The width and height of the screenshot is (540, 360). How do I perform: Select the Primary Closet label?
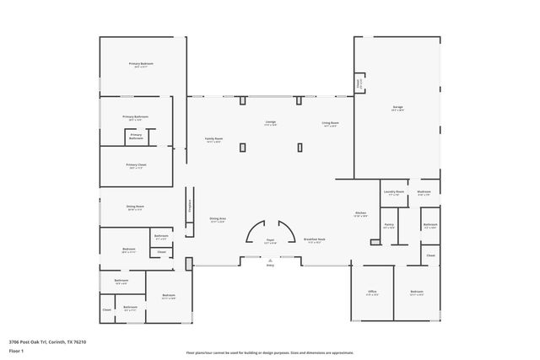coord(136,164)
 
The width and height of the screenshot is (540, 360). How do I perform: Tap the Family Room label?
coord(213,139)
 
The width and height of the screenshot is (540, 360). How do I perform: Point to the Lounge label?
coord(271,123)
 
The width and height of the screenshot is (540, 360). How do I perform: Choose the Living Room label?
coord(329,123)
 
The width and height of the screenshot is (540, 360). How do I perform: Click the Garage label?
coord(397,107)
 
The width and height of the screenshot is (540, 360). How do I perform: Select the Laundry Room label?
coord(394,192)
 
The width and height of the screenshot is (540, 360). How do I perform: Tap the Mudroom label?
coord(424,192)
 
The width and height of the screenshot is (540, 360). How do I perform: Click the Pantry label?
coord(389,224)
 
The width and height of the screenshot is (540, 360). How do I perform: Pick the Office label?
coord(371,291)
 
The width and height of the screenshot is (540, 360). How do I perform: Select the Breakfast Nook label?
coord(315,239)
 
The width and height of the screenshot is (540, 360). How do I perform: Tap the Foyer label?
coord(271,240)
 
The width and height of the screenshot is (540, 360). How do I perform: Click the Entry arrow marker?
coord(271,262)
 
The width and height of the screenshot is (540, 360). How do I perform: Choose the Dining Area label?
coord(217,219)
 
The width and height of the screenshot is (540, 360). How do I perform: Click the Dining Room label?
coord(135,207)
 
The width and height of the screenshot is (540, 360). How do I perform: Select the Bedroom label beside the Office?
coord(417,291)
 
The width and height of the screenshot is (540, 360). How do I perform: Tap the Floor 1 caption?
coord(16,350)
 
